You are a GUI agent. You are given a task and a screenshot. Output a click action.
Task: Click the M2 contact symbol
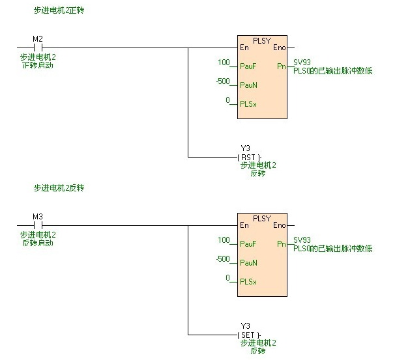point(37,48)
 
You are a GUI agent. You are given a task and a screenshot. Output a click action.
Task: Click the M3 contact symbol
point(37,225)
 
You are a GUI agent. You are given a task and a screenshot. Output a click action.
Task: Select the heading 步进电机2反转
point(59,188)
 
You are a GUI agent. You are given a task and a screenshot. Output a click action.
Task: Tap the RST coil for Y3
point(249,158)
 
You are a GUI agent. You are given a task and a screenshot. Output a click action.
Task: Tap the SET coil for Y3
point(249,335)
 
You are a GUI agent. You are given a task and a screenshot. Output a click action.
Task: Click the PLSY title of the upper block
point(261,40)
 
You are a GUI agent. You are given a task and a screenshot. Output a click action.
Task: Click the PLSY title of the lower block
point(261,218)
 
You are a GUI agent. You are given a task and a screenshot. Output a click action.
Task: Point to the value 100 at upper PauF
point(225,62)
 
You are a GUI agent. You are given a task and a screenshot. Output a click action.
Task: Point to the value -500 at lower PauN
point(224,259)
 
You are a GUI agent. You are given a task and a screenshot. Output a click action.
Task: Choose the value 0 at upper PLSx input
point(228,100)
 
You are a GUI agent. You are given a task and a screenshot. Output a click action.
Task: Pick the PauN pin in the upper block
point(248,85)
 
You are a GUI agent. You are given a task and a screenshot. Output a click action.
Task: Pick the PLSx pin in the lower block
point(248,281)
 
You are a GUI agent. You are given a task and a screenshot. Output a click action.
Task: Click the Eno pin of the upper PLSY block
point(279,48)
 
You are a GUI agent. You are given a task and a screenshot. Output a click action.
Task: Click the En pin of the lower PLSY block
point(244,225)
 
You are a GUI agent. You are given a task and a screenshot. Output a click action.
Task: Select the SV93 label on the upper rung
point(302,62)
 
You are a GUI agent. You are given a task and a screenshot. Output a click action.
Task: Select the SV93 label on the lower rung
point(302,240)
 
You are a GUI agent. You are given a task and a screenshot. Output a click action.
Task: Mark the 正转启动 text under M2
point(37,66)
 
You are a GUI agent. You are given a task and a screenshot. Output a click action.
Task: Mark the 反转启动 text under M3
point(37,243)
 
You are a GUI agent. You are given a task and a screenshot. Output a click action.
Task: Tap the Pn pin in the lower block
point(281,243)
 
